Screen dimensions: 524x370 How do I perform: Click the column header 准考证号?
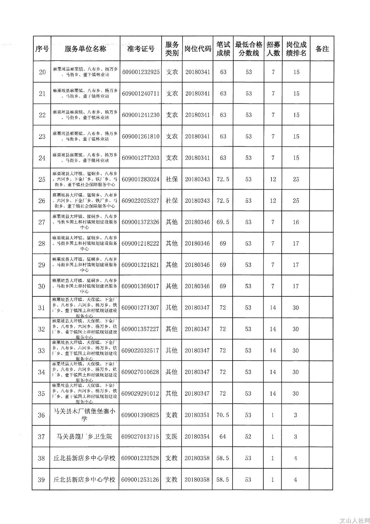[141, 49]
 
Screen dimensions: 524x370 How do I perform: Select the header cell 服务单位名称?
[85, 49]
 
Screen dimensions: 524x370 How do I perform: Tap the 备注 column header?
[322, 49]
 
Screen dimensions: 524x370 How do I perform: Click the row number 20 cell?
[42, 72]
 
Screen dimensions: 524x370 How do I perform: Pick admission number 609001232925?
[141, 72]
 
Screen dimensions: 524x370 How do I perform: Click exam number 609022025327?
[140, 200]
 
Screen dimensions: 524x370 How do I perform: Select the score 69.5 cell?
[223, 222]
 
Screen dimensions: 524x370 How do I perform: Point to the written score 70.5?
[222, 415]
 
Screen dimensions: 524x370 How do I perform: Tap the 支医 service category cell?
[171, 437]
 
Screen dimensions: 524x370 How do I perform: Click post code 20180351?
[197, 415]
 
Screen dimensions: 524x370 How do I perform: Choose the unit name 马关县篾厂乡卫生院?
[84, 437]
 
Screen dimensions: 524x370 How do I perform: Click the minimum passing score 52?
[248, 437]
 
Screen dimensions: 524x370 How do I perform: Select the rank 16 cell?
[296, 222]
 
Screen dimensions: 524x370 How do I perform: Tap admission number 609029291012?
[140, 393]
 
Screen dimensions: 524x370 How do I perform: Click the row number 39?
[41, 480]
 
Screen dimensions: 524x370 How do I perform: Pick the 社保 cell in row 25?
[172, 179]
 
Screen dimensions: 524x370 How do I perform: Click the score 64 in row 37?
[222, 437]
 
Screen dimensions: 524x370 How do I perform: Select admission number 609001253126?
[140, 480]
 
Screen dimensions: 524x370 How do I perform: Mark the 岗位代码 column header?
[198, 49]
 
